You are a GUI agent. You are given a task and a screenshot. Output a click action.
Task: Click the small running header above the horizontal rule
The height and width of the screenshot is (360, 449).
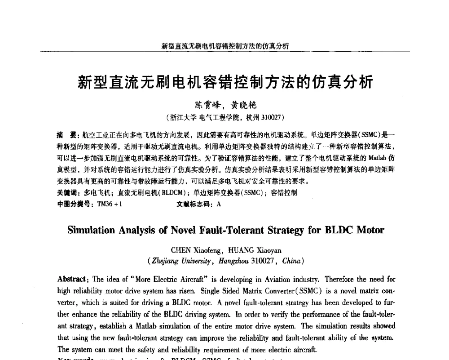coord(225,46)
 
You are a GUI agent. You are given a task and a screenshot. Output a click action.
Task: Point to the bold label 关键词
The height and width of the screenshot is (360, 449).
coord(67,193)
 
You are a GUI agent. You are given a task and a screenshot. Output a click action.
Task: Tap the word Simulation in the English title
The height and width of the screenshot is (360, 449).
coord(91,230)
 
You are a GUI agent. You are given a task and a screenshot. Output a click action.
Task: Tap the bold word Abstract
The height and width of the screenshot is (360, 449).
coord(72,279)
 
